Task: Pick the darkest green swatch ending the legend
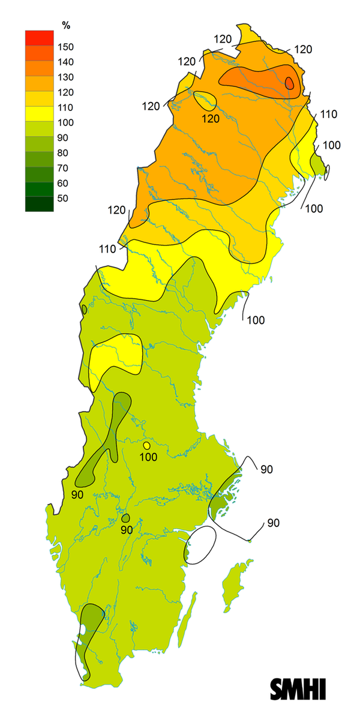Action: point(40,204)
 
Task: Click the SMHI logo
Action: point(298,689)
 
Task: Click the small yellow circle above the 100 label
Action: point(146,446)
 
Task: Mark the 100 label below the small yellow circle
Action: point(148,457)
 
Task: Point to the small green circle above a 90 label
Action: point(125,518)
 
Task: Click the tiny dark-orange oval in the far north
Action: point(290,83)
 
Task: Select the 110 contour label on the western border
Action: point(109,248)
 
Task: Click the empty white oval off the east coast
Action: point(202,545)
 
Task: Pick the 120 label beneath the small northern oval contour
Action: point(211,119)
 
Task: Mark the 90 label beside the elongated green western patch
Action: point(77,494)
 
